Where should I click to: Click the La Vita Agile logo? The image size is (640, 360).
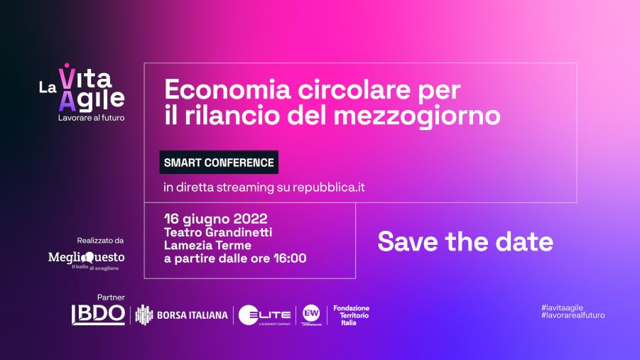point(82,88)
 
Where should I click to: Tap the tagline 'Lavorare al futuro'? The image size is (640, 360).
point(91,118)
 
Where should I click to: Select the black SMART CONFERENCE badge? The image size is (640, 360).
point(219,163)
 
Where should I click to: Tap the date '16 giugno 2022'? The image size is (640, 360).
point(215,217)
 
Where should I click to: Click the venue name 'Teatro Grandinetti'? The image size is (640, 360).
point(218,231)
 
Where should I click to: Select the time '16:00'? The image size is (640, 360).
point(291,258)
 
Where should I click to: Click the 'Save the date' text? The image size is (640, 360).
point(465,241)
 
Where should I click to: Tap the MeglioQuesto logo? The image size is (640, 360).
point(86,258)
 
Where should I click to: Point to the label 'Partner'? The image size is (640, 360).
point(111,296)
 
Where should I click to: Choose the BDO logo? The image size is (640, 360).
point(98,314)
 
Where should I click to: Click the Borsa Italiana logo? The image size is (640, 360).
point(182,315)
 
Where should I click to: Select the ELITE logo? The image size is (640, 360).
point(265,315)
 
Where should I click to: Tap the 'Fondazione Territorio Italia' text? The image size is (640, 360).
point(352,315)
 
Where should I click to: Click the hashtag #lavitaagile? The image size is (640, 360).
point(562,306)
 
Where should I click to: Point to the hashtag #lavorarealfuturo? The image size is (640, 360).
point(573,315)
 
